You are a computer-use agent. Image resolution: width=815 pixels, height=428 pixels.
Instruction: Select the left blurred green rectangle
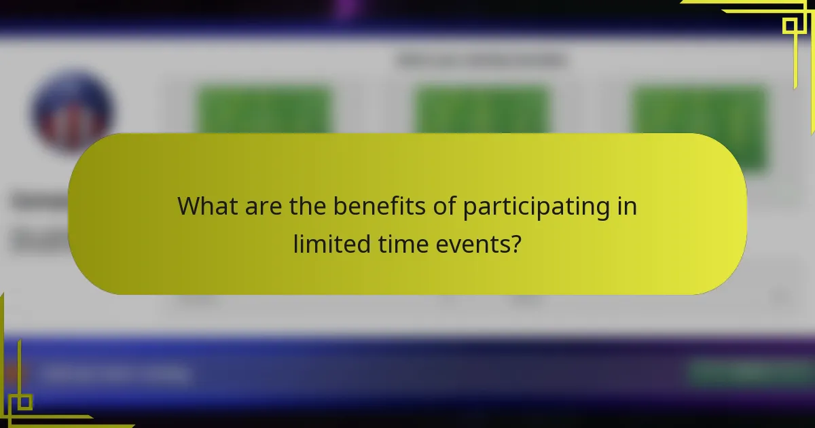point(264,109)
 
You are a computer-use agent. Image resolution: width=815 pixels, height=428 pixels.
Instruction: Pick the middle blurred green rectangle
point(482,109)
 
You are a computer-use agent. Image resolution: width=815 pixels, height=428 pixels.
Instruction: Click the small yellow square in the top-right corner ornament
point(790,26)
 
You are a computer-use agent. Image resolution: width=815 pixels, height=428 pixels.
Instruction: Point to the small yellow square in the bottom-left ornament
point(24,402)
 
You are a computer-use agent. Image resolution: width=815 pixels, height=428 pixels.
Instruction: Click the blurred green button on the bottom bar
point(747,372)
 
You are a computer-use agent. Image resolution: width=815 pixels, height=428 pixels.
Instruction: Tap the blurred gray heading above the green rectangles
point(482,60)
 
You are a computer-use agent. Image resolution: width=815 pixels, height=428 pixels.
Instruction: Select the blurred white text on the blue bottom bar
point(115,374)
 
